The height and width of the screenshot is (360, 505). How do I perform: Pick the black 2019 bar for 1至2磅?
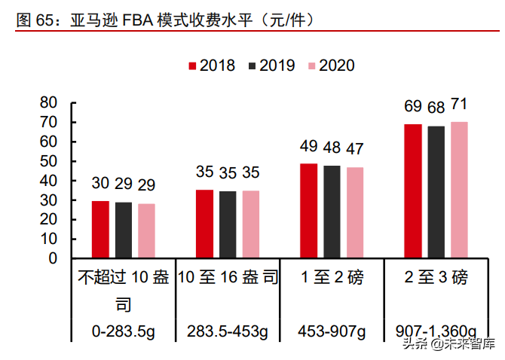click(x=332, y=212)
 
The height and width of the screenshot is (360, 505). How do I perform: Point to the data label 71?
click(x=460, y=104)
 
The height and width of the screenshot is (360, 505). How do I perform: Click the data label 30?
click(x=100, y=183)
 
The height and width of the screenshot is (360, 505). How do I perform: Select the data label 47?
click(x=355, y=148)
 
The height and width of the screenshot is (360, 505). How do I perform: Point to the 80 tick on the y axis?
click(x=48, y=102)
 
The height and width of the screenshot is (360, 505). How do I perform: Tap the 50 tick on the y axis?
click(x=48, y=161)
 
